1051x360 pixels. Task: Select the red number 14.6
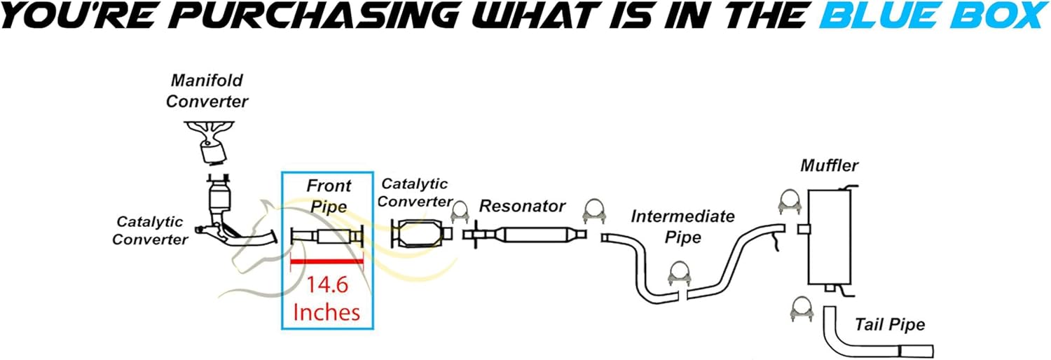tap(326, 286)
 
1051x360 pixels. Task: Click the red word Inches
tap(327, 311)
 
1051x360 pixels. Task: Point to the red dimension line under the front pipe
tap(327, 262)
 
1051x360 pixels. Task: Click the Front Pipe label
tap(328, 197)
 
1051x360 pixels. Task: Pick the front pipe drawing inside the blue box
tap(327, 237)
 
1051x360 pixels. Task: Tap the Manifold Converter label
tap(207, 91)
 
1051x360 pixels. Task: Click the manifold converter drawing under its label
tap(209, 141)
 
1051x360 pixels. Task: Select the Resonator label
tap(522, 206)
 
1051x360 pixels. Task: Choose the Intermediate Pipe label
tap(683, 226)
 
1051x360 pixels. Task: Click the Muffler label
tap(829, 166)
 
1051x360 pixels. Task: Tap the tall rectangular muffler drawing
tap(830, 234)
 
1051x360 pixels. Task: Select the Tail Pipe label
tap(889, 324)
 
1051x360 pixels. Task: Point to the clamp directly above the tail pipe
tap(798, 309)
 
